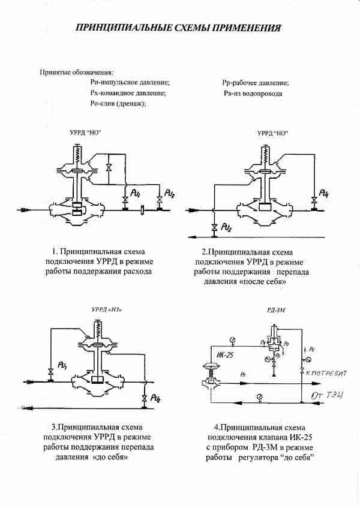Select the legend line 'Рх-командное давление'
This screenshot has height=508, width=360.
[124, 93]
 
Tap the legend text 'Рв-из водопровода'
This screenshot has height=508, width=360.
[252, 94]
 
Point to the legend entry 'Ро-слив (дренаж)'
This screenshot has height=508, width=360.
[115, 104]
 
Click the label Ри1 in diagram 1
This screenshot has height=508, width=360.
[136, 194]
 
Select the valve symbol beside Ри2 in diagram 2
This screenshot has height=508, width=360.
[214, 227]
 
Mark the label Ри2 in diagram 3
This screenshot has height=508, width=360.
[155, 398]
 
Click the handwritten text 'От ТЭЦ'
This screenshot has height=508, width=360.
[326, 396]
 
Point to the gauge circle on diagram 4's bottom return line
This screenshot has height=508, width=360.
[258, 396]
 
